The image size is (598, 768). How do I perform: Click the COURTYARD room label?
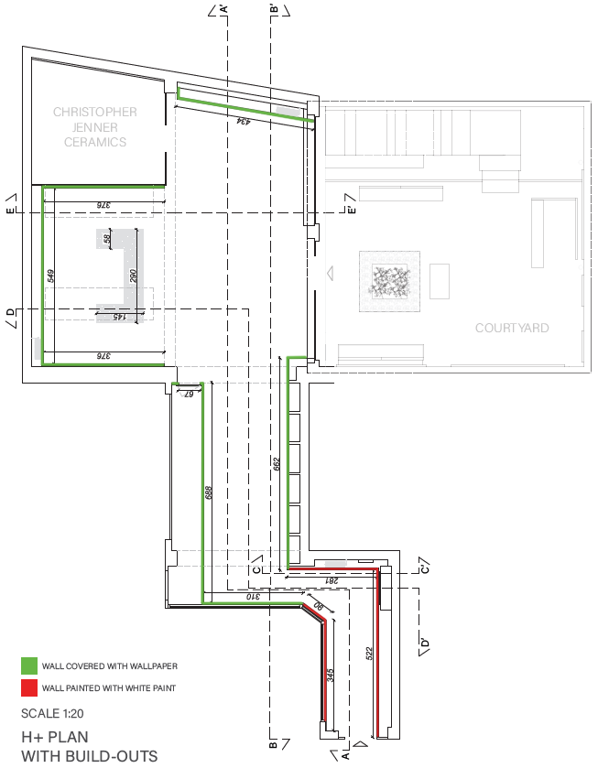511,328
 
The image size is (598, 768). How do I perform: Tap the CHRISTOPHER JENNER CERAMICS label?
95,127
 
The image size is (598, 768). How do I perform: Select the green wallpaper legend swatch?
30,665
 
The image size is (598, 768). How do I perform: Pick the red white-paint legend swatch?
30,687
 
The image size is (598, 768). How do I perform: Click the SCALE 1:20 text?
56,712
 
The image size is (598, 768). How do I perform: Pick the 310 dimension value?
252,596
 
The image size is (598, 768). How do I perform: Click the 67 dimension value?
190,394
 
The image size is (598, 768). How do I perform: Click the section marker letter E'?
352,211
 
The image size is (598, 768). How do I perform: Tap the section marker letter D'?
424,644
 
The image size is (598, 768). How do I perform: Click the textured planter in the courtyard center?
389,279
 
